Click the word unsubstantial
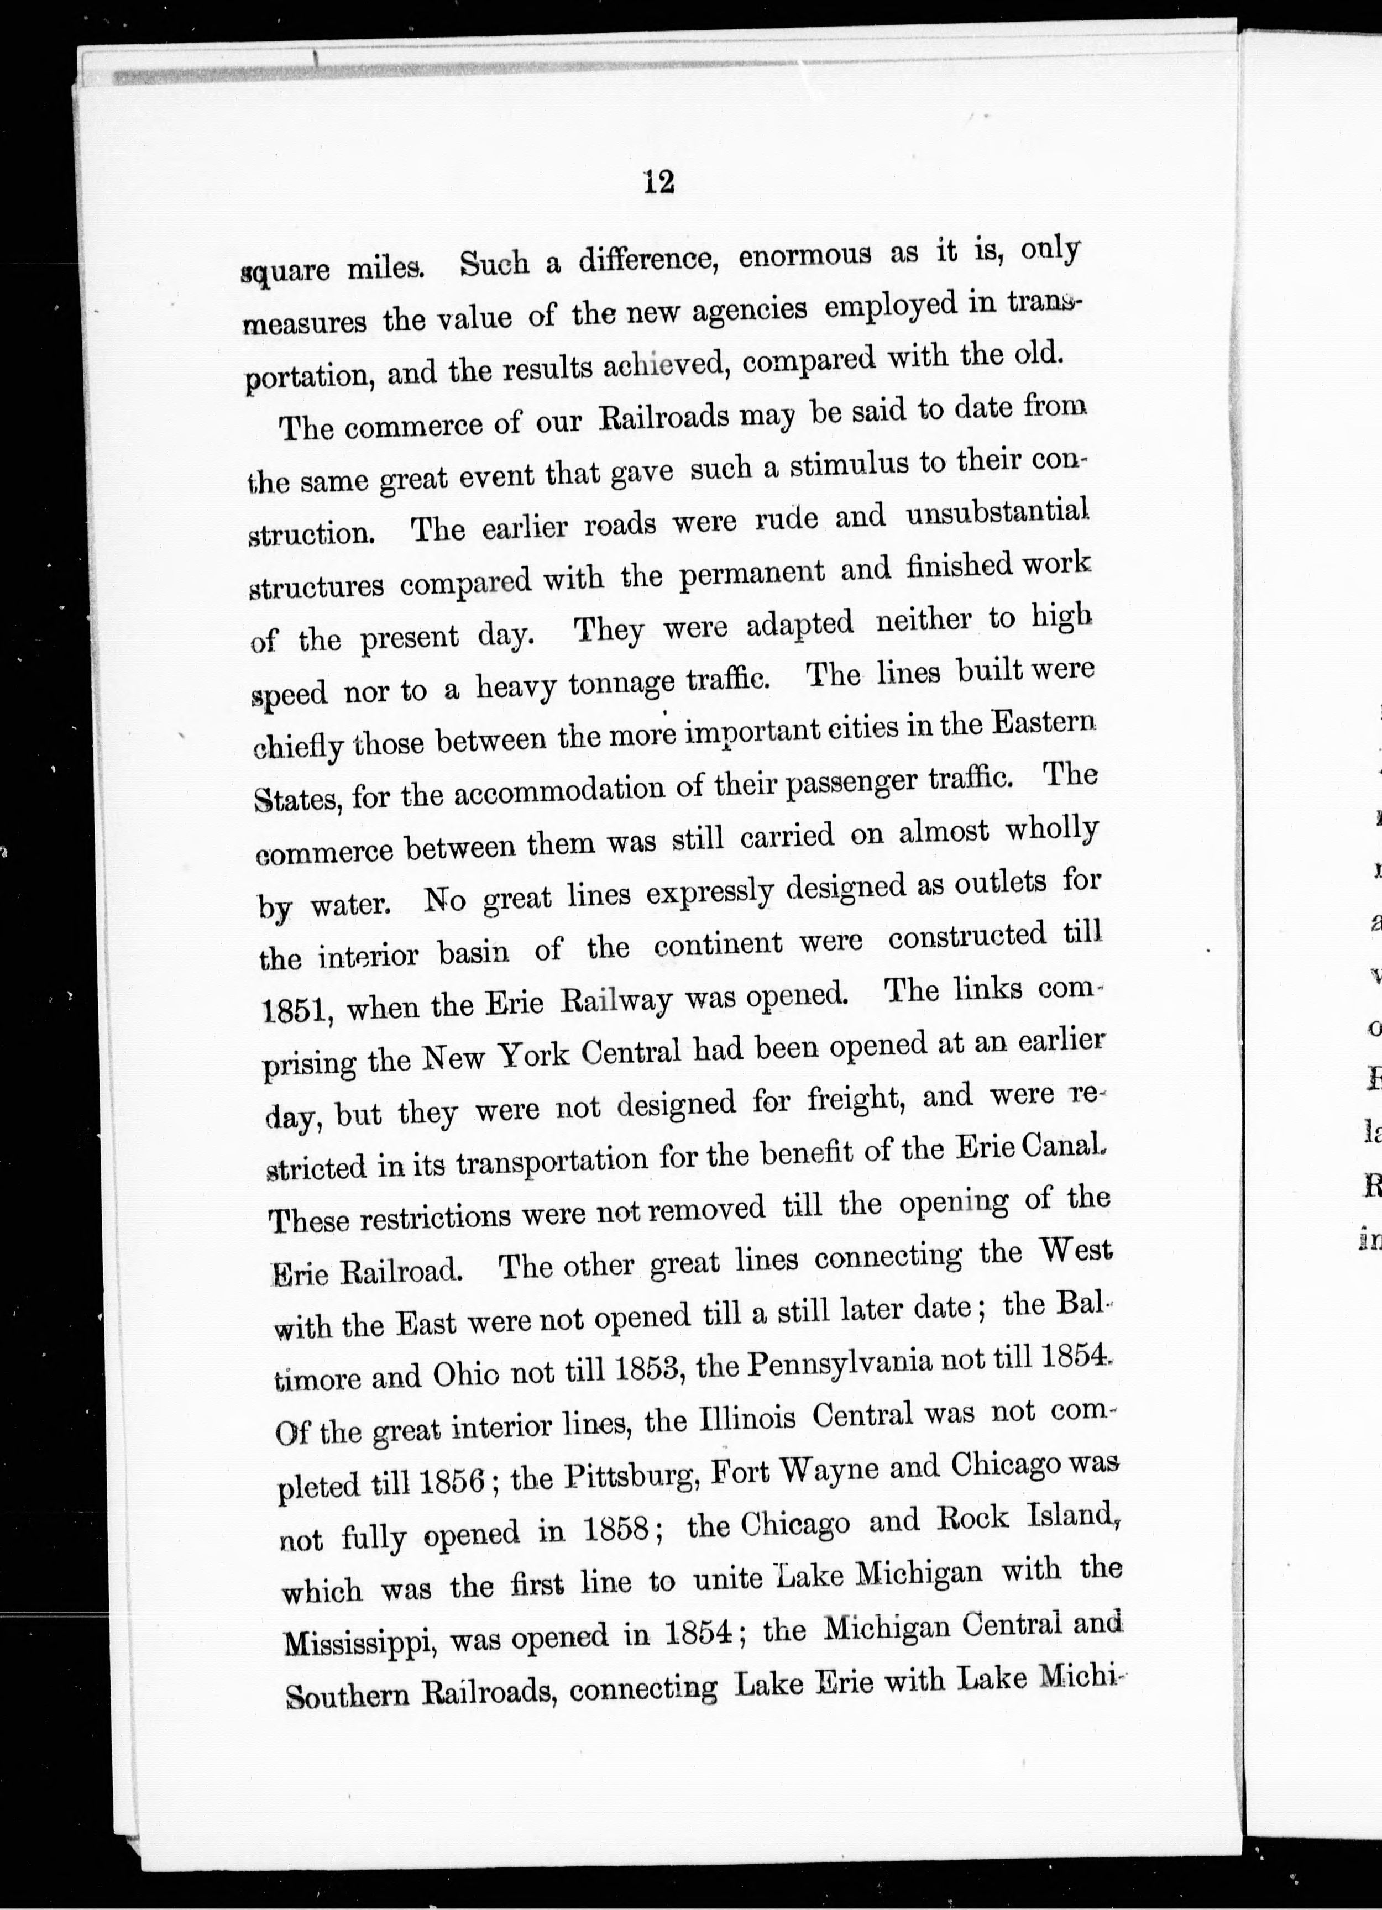[x=996, y=513]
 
